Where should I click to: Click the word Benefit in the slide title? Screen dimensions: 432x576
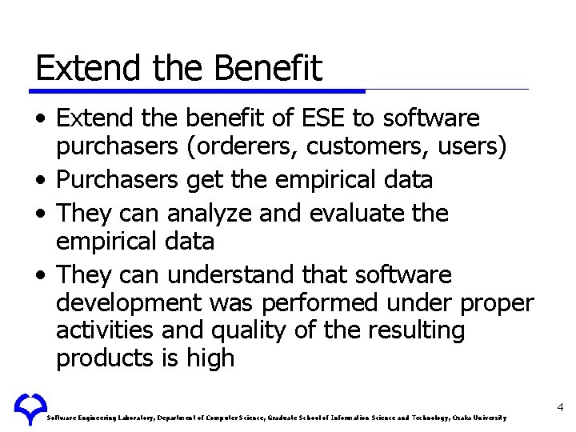[268, 68]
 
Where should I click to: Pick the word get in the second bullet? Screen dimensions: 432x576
[206, 180]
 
